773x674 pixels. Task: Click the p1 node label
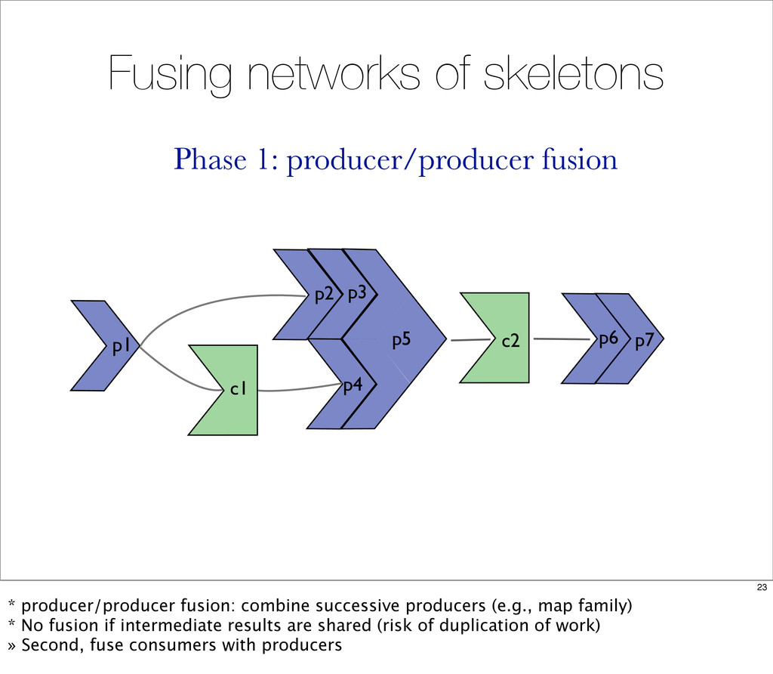point(121,347)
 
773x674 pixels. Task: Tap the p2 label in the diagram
point(324,295)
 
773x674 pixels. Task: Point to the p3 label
point(357,294)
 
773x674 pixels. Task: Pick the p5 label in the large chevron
point(402,340)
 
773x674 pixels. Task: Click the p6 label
point(608,339)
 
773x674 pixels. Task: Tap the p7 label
point(644,341)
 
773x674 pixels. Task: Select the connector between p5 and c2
point(471,339)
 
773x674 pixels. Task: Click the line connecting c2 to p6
point(562,339)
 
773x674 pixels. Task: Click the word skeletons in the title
point(574,74)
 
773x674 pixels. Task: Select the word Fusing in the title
point(170,75)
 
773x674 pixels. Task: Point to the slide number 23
point(762,587)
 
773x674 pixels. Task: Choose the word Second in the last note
point(53,645)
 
